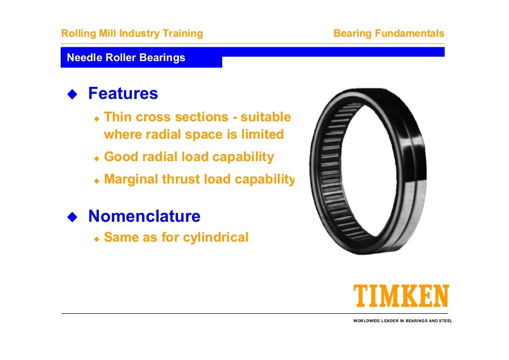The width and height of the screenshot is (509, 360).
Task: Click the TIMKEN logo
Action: pyautogui.click(x=401, y=296)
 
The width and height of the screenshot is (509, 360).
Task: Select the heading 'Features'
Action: pyautogui.click(x=123, y=93)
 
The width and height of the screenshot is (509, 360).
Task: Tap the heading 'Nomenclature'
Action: pyautogui.click(x=144, y=216)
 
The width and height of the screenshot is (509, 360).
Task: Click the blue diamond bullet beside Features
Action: pyautogui.click(x=73, y=94)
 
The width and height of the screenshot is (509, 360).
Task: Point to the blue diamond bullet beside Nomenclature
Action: pyautogui.click(x=73, y=217)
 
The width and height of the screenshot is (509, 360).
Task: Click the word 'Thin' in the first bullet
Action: pyautogui.click(x=118, y=117)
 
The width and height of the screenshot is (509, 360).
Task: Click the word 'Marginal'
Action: pyautogui.click(x=131, y=180)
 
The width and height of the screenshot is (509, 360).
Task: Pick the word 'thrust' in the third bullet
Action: pyautogui.click(x=180, y=180)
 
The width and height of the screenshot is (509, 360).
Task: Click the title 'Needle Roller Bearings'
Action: pyautogui.click(x=126, y=58)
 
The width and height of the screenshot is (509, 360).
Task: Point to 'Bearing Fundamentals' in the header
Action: pyautogui.click(x=389, y=34)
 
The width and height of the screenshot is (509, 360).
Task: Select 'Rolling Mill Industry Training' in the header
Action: pyautogui.click(x=132, y=34)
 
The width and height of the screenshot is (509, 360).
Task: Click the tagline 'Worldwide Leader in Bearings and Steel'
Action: pyautogui.click(x=403, y=321)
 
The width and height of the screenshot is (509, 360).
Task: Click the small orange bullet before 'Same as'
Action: pyautogui.click(x=97, y=239)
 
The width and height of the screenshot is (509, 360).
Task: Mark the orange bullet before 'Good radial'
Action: pyautogui.click(x=97, y=158)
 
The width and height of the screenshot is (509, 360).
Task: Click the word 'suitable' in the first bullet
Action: pyautogui.click(x=266, y=117)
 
